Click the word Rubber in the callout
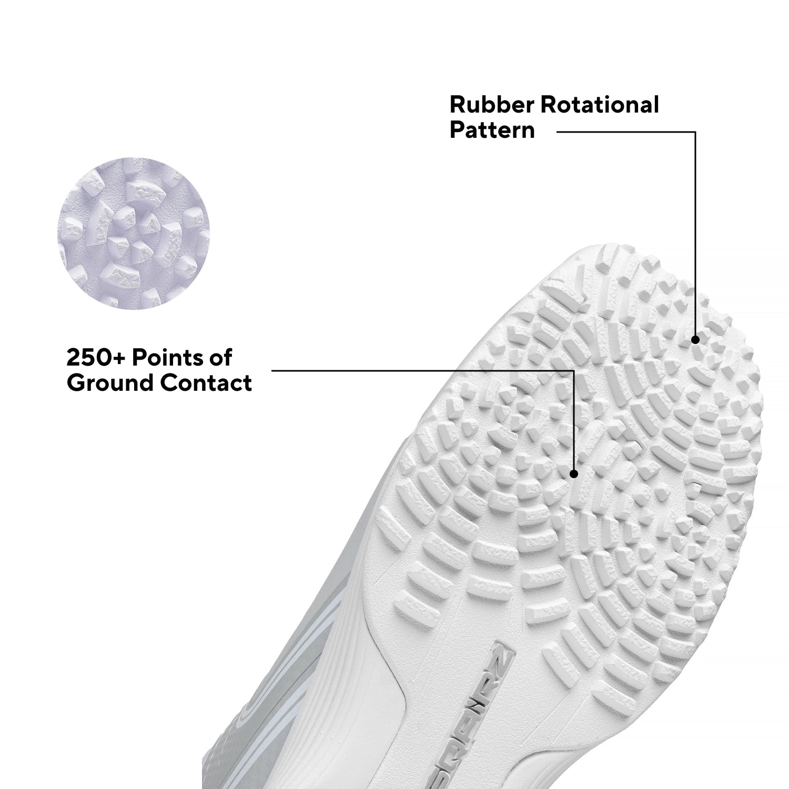coord(492,105)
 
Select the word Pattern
coord(492,130)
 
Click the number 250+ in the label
coord(96,358)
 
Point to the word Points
coord(167,358)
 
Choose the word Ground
coord(111,383)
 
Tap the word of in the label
coord(220,358)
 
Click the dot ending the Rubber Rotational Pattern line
coord(695,340)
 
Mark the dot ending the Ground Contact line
coord(574,474)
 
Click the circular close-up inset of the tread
coord(133,234)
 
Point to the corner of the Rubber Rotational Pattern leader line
coord(695,132)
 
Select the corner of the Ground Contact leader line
coord(574,371)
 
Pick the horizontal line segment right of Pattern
coord(626,132)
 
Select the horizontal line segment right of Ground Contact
coord(422,371)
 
